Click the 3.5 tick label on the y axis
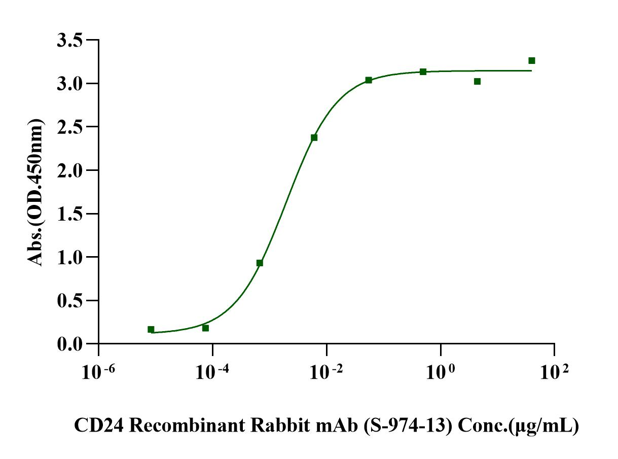(69, 40)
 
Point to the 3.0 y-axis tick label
(69, 83)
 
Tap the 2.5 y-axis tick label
(69, 127)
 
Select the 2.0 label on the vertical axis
(69, 170)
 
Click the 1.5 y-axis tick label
(69, 214)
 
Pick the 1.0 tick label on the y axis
(69, 257)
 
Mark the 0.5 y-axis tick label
(69, 300)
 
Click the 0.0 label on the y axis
(69, 344)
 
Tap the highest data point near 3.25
(532, 61)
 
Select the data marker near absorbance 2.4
(314, 137)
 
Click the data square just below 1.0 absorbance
(260, 263)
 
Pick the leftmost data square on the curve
(151, 329)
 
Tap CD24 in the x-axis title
(95, 426)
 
